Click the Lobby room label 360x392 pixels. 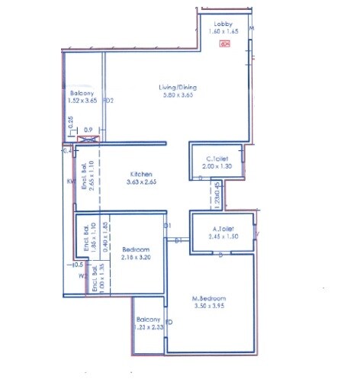223,25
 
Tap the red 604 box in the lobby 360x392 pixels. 223,44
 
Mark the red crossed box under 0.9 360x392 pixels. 88,140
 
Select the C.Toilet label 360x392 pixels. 216,158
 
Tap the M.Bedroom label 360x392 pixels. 209,298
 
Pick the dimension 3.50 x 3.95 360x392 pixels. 209,307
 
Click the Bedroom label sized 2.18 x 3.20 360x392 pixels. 135,249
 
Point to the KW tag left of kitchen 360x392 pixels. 69,182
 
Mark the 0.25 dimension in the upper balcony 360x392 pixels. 71,120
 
